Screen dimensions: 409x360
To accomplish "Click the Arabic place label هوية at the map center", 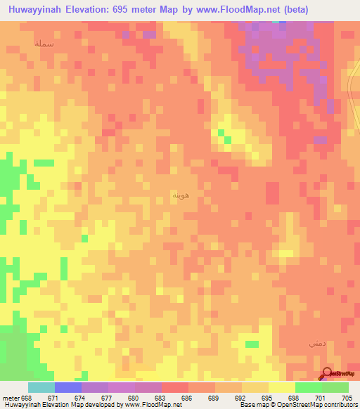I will coord(180,194).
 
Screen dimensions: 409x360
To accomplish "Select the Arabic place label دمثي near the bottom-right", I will coord(316,344).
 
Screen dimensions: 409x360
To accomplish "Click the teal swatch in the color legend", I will coord(41,387).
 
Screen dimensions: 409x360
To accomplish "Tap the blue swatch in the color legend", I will coord(67,387).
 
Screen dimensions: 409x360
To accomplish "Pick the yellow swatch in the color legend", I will coord(281,387).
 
